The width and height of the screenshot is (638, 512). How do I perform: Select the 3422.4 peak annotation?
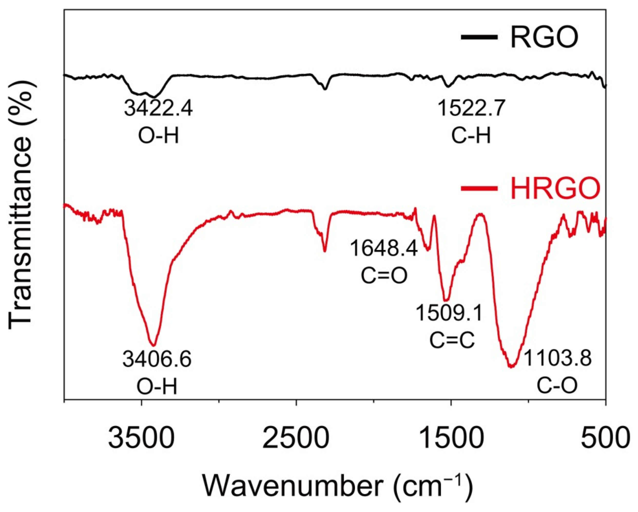tap(158, 108)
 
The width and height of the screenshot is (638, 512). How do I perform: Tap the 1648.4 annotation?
tap(384, 249)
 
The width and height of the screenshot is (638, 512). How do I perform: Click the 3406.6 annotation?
tap(157, 360)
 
